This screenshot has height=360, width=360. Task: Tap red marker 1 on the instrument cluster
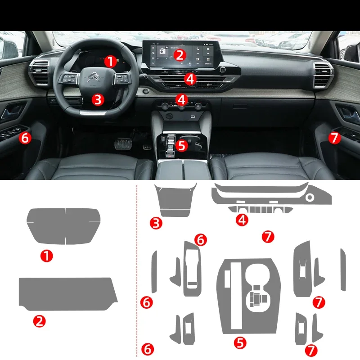click(110, 61)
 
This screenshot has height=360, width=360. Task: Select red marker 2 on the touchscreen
click(180, 55)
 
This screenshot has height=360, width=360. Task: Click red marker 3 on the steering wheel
click(98, 99)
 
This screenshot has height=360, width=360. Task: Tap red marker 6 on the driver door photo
click(25, 138)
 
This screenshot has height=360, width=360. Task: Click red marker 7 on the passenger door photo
click(334, 138)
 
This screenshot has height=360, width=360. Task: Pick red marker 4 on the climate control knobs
click(182, 99)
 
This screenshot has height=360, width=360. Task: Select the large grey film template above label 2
click(67, 293)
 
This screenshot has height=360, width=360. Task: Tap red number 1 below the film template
click(47, 256)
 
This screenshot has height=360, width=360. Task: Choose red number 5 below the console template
click(240, 343)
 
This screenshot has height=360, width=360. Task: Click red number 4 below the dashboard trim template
click(243, 220)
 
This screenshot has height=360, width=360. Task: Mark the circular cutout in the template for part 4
click(310, 198)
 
